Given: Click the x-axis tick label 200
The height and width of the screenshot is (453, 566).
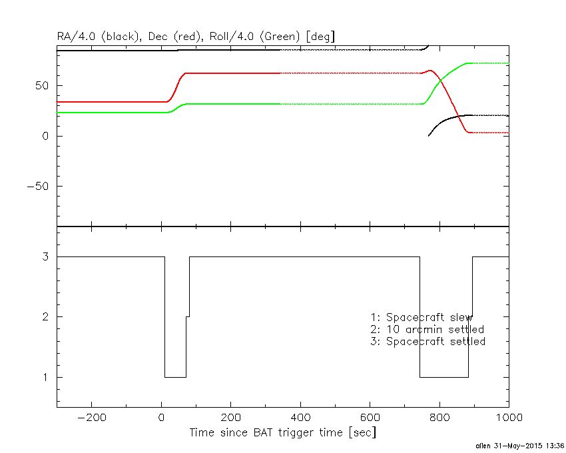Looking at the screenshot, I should click(230, 418).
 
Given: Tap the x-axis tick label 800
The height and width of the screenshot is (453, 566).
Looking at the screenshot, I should click(439, 418).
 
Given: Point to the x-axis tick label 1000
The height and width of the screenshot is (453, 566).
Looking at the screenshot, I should click(507, 418).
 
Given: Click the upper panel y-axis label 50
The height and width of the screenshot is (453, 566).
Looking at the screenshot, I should click(45, 85).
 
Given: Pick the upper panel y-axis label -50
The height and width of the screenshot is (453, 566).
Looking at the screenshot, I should click(41, 187).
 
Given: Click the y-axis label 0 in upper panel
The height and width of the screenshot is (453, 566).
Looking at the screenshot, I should click(49, 136).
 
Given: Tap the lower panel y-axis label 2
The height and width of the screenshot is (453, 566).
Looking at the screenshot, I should click(49, 316).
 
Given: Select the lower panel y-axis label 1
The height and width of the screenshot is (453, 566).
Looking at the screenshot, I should click(49, 377).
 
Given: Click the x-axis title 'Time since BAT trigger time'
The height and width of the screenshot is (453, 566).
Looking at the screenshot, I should click(282, 432).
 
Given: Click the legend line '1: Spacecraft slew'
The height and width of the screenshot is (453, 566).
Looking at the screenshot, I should click(422, 317).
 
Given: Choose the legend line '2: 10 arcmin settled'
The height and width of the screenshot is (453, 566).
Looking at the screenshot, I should click(427, 329).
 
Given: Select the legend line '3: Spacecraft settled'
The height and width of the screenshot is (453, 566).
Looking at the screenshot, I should click(427, 341).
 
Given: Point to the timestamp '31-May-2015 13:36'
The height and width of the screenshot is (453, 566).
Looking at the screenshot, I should click(529, 445).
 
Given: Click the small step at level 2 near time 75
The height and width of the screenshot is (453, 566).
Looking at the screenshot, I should click(188, 316).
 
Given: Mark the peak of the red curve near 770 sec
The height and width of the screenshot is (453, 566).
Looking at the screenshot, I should click(430, 70).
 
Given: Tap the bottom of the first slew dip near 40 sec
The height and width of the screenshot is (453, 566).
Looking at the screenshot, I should click(175, 377).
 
